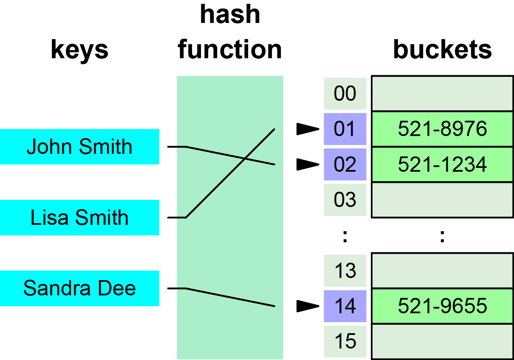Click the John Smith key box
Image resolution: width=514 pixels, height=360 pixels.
click(x=79, y=147)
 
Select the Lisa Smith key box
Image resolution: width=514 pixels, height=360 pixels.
click(x=79, y=218)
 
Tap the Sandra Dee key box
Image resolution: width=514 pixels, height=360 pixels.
click(x=79, y=288)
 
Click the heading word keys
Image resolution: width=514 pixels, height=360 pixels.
click(x=79, y=49)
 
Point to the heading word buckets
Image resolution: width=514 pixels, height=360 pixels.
click(x=442, y=49)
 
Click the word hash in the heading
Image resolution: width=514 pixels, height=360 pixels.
click(x=230, y=14)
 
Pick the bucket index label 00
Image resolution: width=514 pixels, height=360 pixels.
click(x=345, y=94)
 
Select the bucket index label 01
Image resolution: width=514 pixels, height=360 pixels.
click(x=345, y=129)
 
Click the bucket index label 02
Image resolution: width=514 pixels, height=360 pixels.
click(x=345, y=164)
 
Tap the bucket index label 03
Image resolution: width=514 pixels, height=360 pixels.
click(x=345, y=200)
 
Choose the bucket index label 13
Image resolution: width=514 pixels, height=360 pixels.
click(x=345, y=270)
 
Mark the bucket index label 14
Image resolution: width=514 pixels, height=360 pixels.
click(x=345, y=306)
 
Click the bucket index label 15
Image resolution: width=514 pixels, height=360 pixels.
click(x=345, y=341)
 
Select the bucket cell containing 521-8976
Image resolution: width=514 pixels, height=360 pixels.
click(x=442, y=129)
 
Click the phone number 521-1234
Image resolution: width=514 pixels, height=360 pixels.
click(x=442, y=164)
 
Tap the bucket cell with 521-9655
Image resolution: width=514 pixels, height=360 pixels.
click(x=442, y=306)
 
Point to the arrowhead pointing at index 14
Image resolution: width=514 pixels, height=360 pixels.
click(x=307, y=306)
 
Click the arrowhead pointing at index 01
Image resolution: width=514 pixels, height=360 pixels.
click(x=307, y=129)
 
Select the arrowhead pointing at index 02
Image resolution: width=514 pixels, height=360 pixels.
click(x=307, y=164)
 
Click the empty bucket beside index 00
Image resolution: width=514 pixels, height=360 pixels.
click(x=442, y=94)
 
